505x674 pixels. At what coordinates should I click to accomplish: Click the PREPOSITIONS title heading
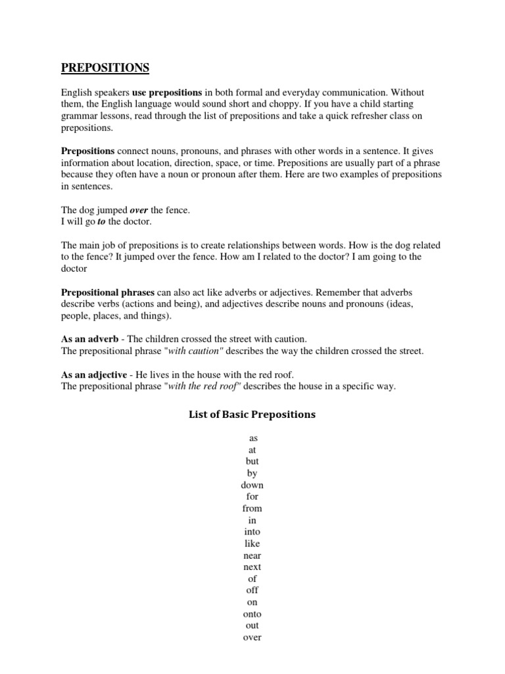click(x=105, y=68)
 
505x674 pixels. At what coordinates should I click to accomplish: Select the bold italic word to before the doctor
click(x=102, y=222)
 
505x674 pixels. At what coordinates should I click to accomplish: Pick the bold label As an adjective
click(x=94, y=375)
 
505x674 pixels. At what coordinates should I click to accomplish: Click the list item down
click(x=252, y=485)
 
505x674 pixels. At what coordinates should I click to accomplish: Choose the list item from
click(x=252, y=509)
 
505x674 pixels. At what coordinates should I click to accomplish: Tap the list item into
click(x=252, y=532)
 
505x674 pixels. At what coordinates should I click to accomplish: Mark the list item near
click(x=252, y=556)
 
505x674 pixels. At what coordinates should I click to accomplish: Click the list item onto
click(x=252, y=614)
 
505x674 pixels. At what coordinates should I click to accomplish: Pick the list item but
click(x=252, y=461)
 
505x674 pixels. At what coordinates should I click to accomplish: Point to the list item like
click(x=252, y=544)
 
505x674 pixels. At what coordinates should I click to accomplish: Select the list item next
click(x=252, y=567)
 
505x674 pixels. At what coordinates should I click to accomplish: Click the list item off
click(x=252, y=590)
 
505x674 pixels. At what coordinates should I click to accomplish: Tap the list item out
click(x=252, y=626)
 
